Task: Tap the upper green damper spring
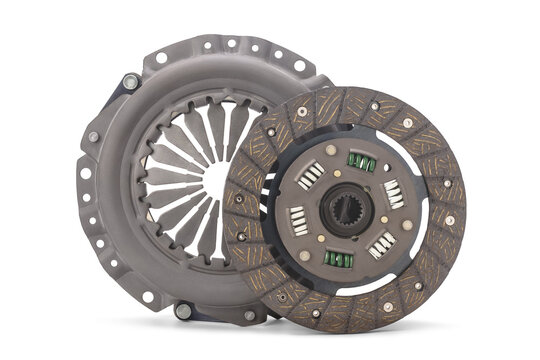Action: pos(361,161)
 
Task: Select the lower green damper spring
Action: pos(339,259)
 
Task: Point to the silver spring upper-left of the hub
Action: pos(311,175)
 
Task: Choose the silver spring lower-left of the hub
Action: pos(298,221)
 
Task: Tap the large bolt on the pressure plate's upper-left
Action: pos(131,82)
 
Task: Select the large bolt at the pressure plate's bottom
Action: pos(183,310)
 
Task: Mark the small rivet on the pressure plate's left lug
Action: pos(93,137)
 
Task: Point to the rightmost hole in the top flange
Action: pos(299,66)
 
